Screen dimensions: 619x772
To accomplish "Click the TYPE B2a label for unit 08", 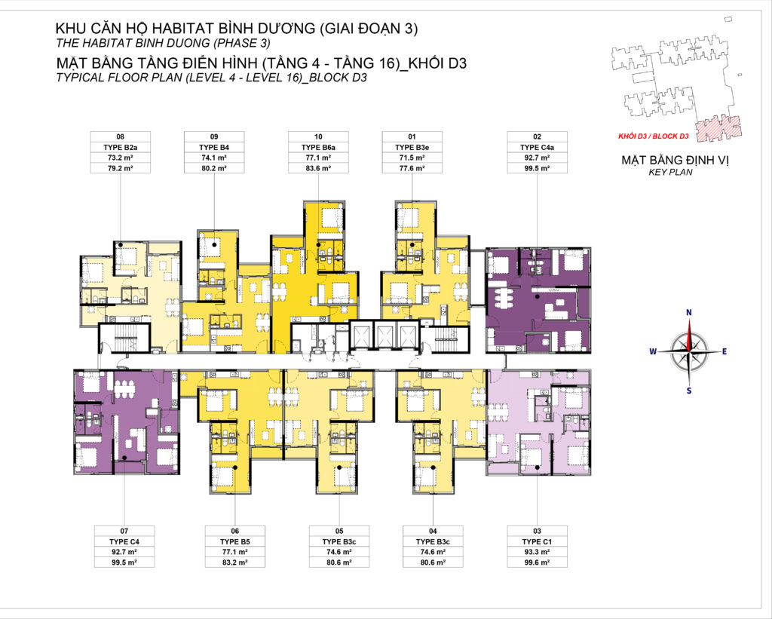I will tap(120, 147).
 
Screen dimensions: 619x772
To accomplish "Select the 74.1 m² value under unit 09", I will tap(214, 158).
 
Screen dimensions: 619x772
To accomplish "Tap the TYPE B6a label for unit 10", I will tap(318, 147).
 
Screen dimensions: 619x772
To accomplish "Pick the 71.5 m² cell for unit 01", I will tap(412, 158).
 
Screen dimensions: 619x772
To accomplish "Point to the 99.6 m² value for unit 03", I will tap(537, 562).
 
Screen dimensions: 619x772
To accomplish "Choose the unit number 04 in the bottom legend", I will tap(432, 531).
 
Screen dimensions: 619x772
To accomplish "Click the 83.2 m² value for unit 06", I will tap(235, 562).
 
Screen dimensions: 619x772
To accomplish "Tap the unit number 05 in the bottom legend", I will tap(339, 531).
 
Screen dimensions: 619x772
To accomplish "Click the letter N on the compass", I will tap(689, 312).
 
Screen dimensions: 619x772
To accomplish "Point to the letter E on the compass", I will tap(725, 351).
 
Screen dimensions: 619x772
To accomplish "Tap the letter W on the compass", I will tap(653, 351).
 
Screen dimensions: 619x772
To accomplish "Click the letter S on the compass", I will tap(689, 390).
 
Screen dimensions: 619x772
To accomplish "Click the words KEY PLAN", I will tap(669, 173).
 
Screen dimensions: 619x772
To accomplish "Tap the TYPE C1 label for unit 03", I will tap(537, 541).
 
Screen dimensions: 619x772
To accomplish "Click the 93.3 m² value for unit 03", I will tap(537, 551).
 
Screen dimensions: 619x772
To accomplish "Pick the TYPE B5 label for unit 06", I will tap(235, 541).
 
